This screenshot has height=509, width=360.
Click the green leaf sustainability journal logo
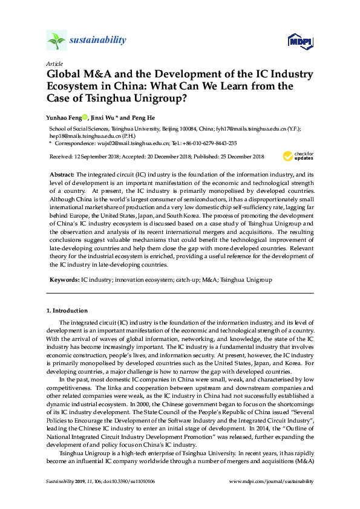56,41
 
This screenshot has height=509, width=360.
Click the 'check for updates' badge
298,156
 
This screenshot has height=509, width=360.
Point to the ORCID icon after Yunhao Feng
85,117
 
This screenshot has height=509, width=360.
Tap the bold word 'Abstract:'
61,174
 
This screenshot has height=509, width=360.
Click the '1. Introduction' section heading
67,311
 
